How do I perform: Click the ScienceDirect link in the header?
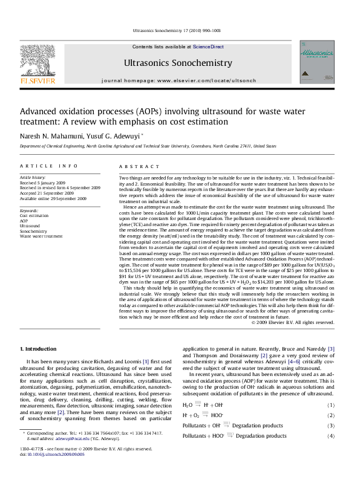click(x=208, y=47)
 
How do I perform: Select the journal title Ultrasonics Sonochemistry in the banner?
click(x=177, y=62)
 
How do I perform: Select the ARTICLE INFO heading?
click(x=48, y=166)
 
